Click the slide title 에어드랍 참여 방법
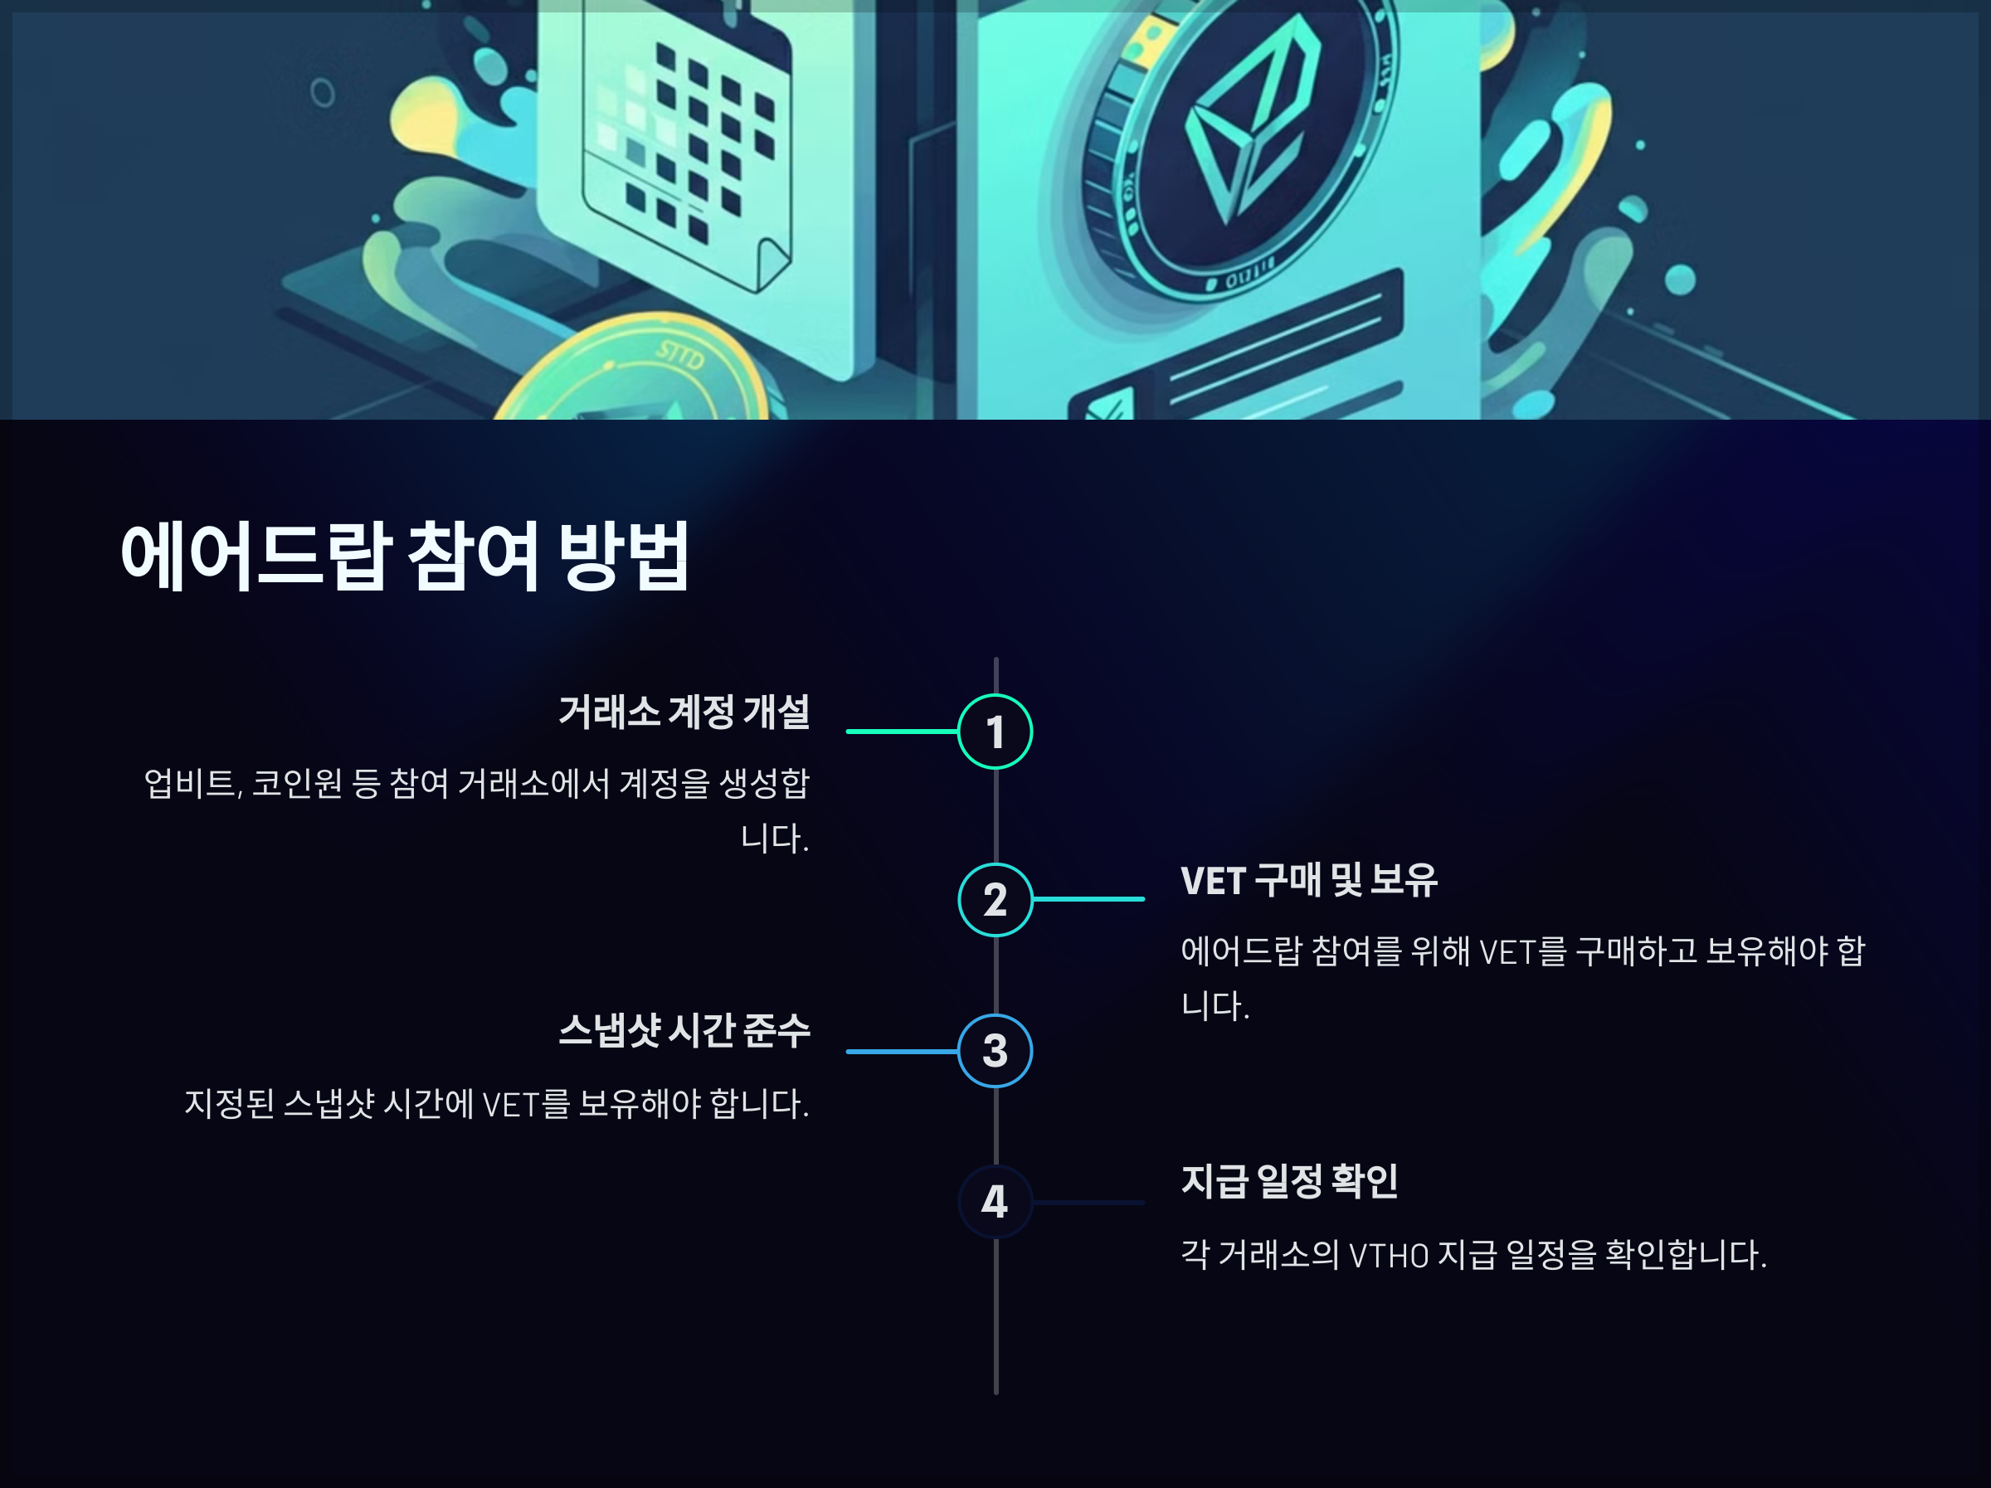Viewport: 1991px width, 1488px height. coord(405,556)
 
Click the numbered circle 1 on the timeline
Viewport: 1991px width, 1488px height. coord(995,731)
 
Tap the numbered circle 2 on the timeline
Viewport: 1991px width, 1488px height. coord(995,899)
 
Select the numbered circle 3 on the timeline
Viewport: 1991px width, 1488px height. coord(995,1051)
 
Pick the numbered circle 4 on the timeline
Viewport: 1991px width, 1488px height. coord(995,1201)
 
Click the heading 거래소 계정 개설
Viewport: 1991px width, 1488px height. coord(684,712)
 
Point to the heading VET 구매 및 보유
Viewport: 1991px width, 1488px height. coord(1309,880)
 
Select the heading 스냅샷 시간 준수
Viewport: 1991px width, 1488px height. coord(684,1031)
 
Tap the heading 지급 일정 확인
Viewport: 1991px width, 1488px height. coord(1289,1181)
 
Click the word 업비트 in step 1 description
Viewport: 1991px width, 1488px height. coord(191,783)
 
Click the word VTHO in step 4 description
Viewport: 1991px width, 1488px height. coord(1389,1255)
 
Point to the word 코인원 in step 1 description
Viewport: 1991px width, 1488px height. coord(297,783)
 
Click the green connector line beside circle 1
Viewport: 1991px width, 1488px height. coord(901,731)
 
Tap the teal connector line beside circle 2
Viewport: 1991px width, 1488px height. coord(1088,898)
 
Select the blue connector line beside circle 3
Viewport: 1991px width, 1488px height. coord(901,1051)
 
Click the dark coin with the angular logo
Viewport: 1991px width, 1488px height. coord(1242,144)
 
